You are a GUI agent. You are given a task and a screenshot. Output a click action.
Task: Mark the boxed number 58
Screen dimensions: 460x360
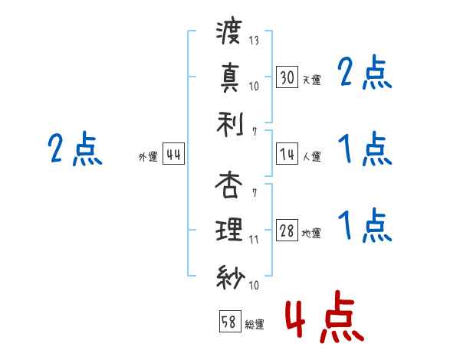[x=228, y=322]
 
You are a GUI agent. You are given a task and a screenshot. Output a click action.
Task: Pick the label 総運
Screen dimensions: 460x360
[x=255, y=325]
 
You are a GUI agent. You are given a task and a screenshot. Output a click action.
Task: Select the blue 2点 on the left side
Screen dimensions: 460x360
[x=74, y=149]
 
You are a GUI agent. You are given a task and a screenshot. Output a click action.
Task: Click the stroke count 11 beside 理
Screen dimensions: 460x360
[x=254, y=238]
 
